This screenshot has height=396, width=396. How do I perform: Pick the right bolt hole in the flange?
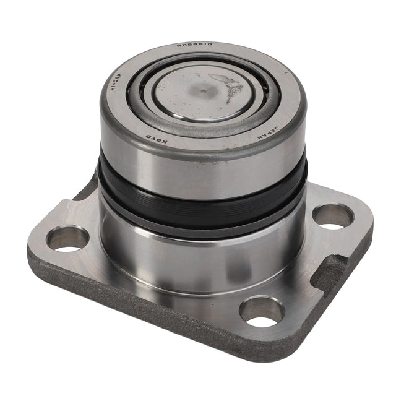pyautogui.click(x=333, y=217)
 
